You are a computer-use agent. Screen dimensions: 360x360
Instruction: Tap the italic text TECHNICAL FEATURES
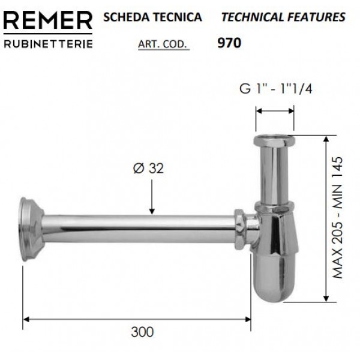click(x=283, y=17)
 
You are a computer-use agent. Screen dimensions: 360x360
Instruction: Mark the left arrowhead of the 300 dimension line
click(x=26, y=317)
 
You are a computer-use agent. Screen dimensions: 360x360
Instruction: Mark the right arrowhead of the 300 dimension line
click(x=248, y=317)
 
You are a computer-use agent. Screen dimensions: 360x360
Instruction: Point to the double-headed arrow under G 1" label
click(x=275, y=110)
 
